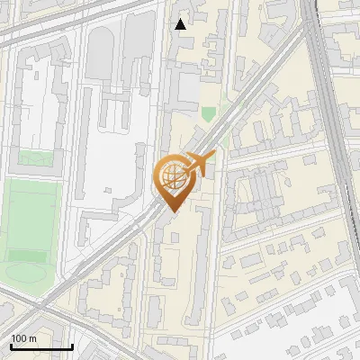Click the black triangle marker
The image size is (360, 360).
pos(181,24)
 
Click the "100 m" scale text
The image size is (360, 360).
pos(23,338)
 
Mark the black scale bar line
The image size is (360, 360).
pos(41,347)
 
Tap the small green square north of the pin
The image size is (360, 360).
pos(209,114)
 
